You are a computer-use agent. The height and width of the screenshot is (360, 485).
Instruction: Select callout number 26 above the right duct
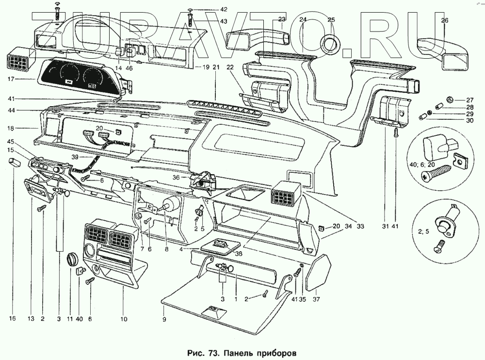tap(445, 20)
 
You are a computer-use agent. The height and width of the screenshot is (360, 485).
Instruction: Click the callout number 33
tap(360, 226)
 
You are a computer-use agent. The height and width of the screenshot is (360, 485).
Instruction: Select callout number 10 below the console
tap(124, 319)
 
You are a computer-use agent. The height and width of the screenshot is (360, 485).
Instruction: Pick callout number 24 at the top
tap(303, 20)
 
